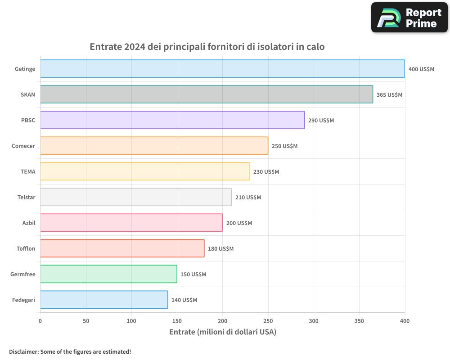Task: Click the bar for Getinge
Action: click(222, 69)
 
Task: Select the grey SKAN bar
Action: click(207, 94)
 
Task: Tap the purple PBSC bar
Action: click(172, 120)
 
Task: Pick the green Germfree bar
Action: click(108, 274)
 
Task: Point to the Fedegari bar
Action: click(104, 300)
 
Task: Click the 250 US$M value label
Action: click(284, 146)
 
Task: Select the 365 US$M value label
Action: click(389, 95)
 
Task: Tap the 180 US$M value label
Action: click(220, 249)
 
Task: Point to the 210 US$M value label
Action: click(248, 198)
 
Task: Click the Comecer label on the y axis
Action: click(23, 146)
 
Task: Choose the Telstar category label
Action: click(25, 197)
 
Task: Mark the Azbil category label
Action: click(29, 223)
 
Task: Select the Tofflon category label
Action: click(25, 248)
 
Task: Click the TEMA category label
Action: click(28, 171)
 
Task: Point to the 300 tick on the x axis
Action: click(314, 321)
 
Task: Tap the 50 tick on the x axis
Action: click(86, 321)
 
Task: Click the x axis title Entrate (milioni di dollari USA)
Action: click(222, 332)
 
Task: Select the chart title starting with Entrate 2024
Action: click(207, 47)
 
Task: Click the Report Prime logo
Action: click(409, 18)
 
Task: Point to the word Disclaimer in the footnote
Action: click(23, 351)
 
